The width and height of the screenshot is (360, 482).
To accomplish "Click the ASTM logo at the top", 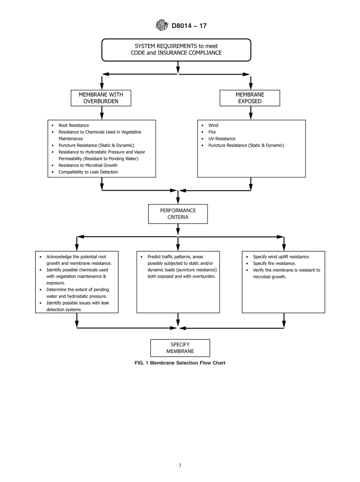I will pyautogui.click(x=162, y=25).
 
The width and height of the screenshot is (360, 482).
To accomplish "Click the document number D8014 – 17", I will pyautogui.click(x=189, y=26).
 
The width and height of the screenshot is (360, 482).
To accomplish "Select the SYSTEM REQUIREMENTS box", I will pyautogui.click(x=176, y=50).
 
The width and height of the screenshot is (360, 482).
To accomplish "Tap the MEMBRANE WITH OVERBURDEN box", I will pyautogui.click(x=101, y=98).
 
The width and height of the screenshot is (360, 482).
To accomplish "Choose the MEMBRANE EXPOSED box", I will pyautogui.click(x=250, y=98).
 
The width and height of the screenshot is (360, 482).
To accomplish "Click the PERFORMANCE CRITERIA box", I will pyautogui.click(x=178, y=214).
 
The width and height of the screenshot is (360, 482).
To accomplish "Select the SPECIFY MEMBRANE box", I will pyautogui.click(x=180, y=348).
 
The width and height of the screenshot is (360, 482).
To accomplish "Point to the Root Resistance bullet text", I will pyautogui.click(x=74, y=125).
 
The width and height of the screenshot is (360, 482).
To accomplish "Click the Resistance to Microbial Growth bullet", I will pyautogui.click(x=88, y=165).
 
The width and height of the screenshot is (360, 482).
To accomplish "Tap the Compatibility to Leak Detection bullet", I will pyautogui.click(x=88, y=172).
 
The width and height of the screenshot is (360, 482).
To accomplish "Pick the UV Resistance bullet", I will pyautogui.click(x=222, y=139).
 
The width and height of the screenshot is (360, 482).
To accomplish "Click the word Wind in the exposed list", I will pyautogui.click(x=213, y=125).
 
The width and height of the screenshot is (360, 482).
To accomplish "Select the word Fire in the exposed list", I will pyautogui.click(x=212, y=132).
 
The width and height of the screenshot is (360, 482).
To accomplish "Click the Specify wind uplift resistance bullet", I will pyautogui.click(x=281, y=257).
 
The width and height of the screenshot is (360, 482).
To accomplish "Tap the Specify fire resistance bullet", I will pyautogui.click(x=274, y=263).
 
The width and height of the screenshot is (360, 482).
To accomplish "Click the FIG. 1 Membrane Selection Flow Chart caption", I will pyautogui.click(x=180, y=363).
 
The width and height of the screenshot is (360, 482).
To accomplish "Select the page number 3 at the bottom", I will pyautogui.click(x=180, y=466).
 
